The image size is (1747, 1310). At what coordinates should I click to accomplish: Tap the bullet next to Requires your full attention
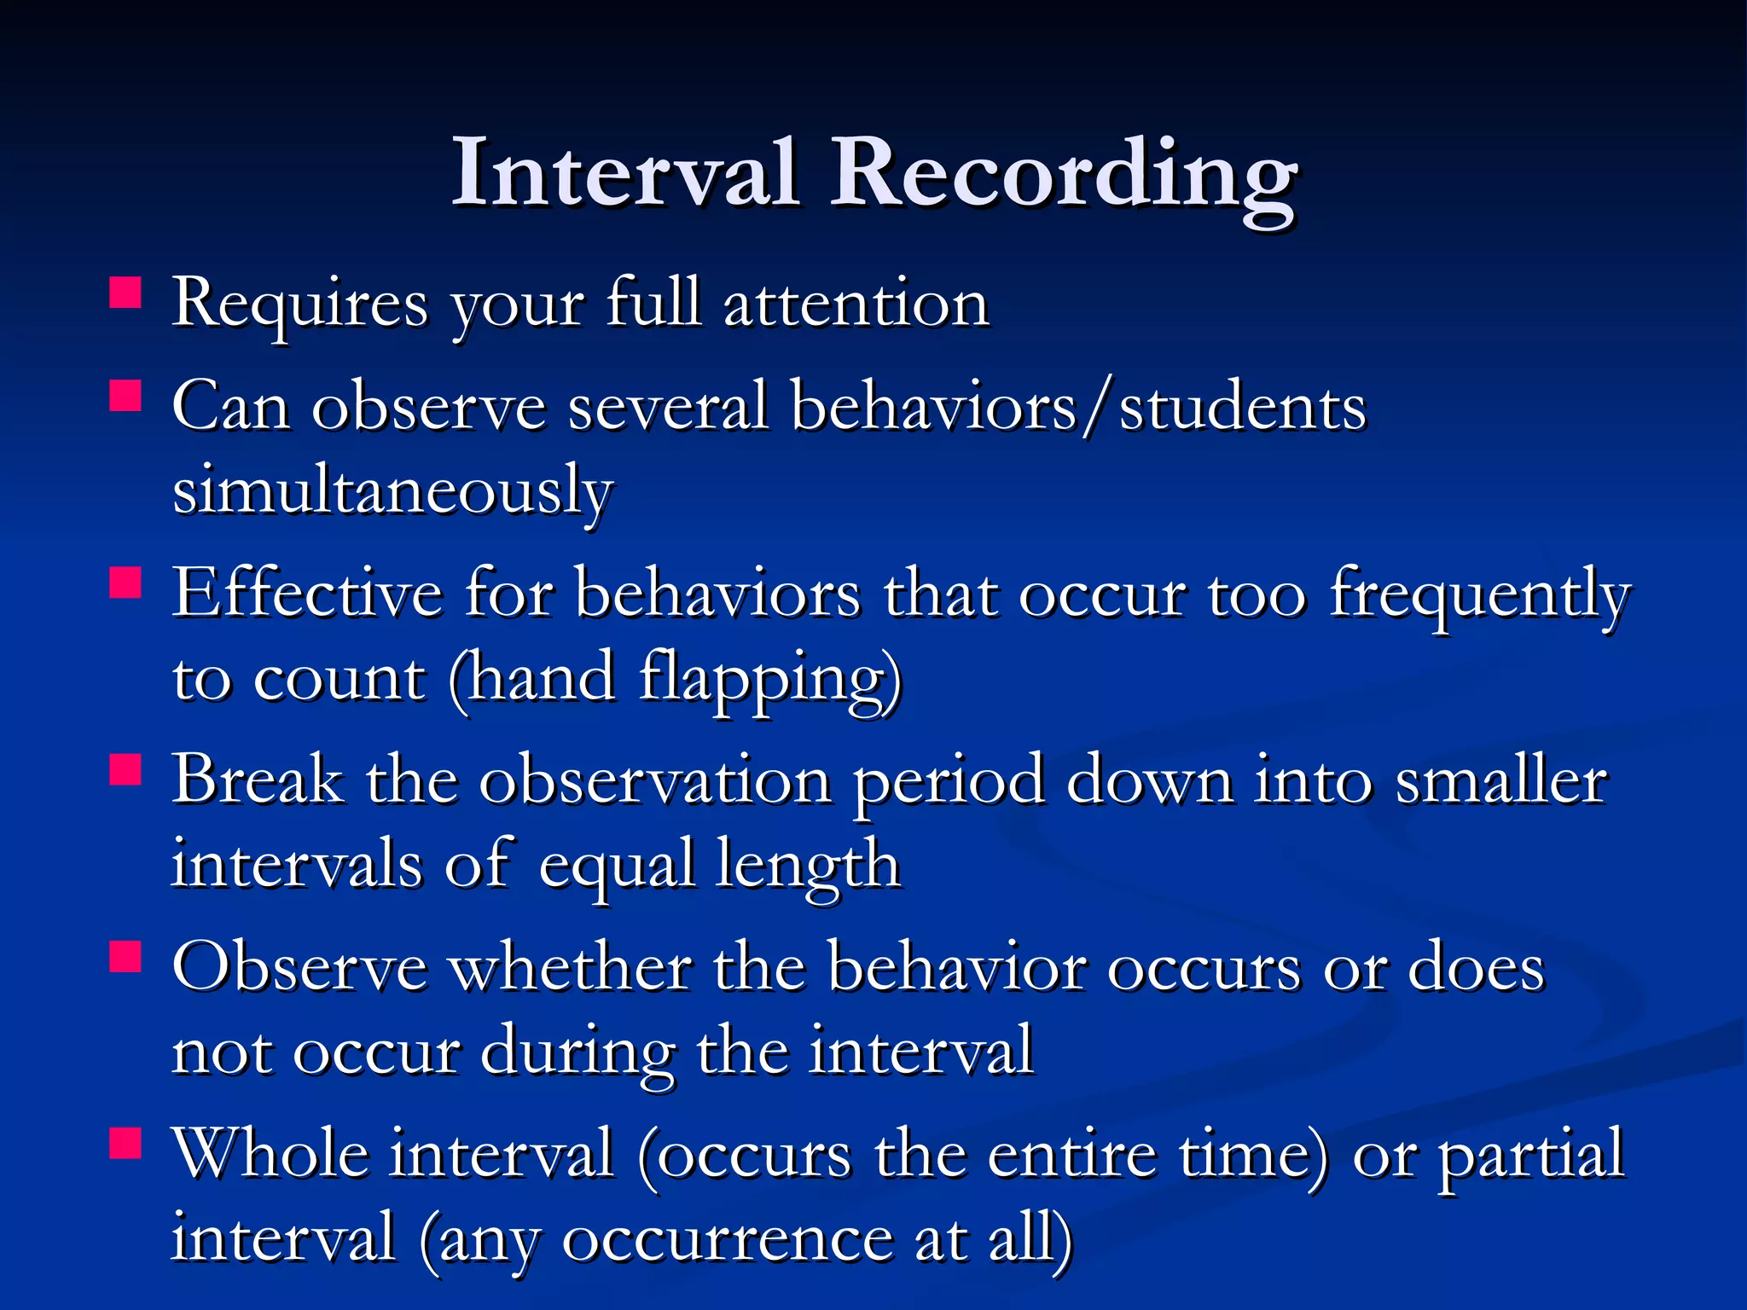[125, 292]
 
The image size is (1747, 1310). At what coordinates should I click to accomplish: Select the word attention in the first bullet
[856, 304]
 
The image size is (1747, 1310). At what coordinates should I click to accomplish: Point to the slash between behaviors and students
[1097, 408]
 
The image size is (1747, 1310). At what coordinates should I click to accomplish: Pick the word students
[1242, 408]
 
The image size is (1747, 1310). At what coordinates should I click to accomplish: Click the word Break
[258, 780]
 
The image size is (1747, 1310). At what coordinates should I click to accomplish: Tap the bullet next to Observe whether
[125, 956]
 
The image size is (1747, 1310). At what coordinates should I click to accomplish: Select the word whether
[571, 969]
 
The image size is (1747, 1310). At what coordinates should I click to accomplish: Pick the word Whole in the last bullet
[270, 1155]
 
